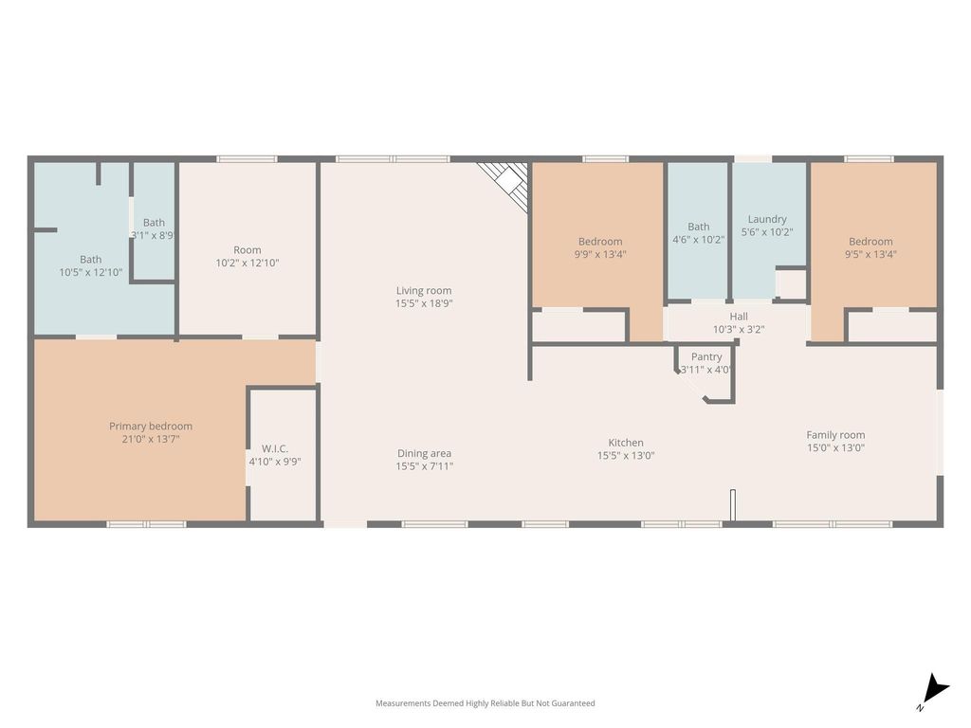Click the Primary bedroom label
(151, 426)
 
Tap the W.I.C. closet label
(274, 448)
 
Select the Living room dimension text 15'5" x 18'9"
(424, 303)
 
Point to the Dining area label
(424, 453)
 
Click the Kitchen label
(626, 443)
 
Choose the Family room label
(835, 435)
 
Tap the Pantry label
(706, 357)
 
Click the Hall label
(738, 317)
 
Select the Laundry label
(767, 219)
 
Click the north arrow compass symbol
(934, 691)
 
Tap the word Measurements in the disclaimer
(403, 703)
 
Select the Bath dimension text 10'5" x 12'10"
(91, 272)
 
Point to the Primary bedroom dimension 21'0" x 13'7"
(151, 440)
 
